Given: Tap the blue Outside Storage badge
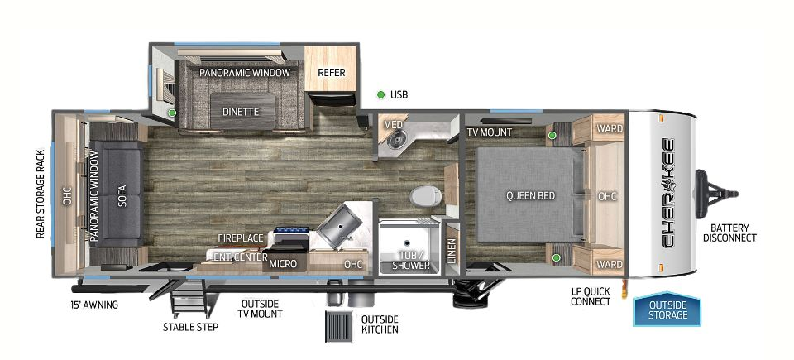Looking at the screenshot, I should point(667,310).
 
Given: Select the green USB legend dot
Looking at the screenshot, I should point(381,94).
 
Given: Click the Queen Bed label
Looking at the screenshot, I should point(531,196).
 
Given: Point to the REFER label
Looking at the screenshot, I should point(331,73).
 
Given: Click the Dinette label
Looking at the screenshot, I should point(241,112).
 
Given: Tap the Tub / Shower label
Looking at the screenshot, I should point(411,260).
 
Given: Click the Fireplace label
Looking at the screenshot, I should point(241,238).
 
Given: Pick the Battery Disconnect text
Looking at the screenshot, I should point(729,232).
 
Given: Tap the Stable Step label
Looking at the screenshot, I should point(190,326).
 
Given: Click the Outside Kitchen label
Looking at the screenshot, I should point(380,324).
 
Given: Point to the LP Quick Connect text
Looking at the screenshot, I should point(591,296).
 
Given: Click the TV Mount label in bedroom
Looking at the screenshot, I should point(489,132).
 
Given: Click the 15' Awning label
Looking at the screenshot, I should point(93,305).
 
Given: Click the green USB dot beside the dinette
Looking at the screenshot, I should point(172,112).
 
